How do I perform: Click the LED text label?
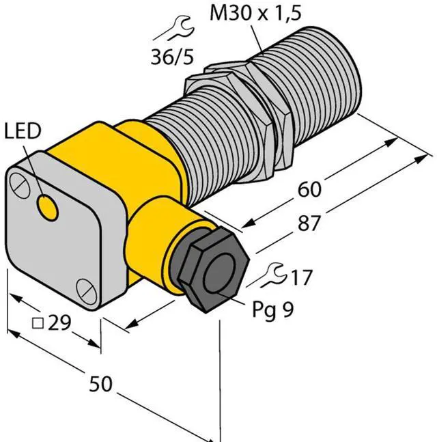(23, 131)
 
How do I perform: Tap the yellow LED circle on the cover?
(48, 208)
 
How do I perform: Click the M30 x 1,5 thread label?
(255, 13)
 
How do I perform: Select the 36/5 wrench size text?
(172, 57)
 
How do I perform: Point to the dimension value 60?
(309, 189)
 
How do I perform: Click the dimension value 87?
(309, 223)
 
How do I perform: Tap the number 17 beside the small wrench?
(302, 277)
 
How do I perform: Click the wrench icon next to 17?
(271, 275)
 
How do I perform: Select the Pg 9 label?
(272, 309)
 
